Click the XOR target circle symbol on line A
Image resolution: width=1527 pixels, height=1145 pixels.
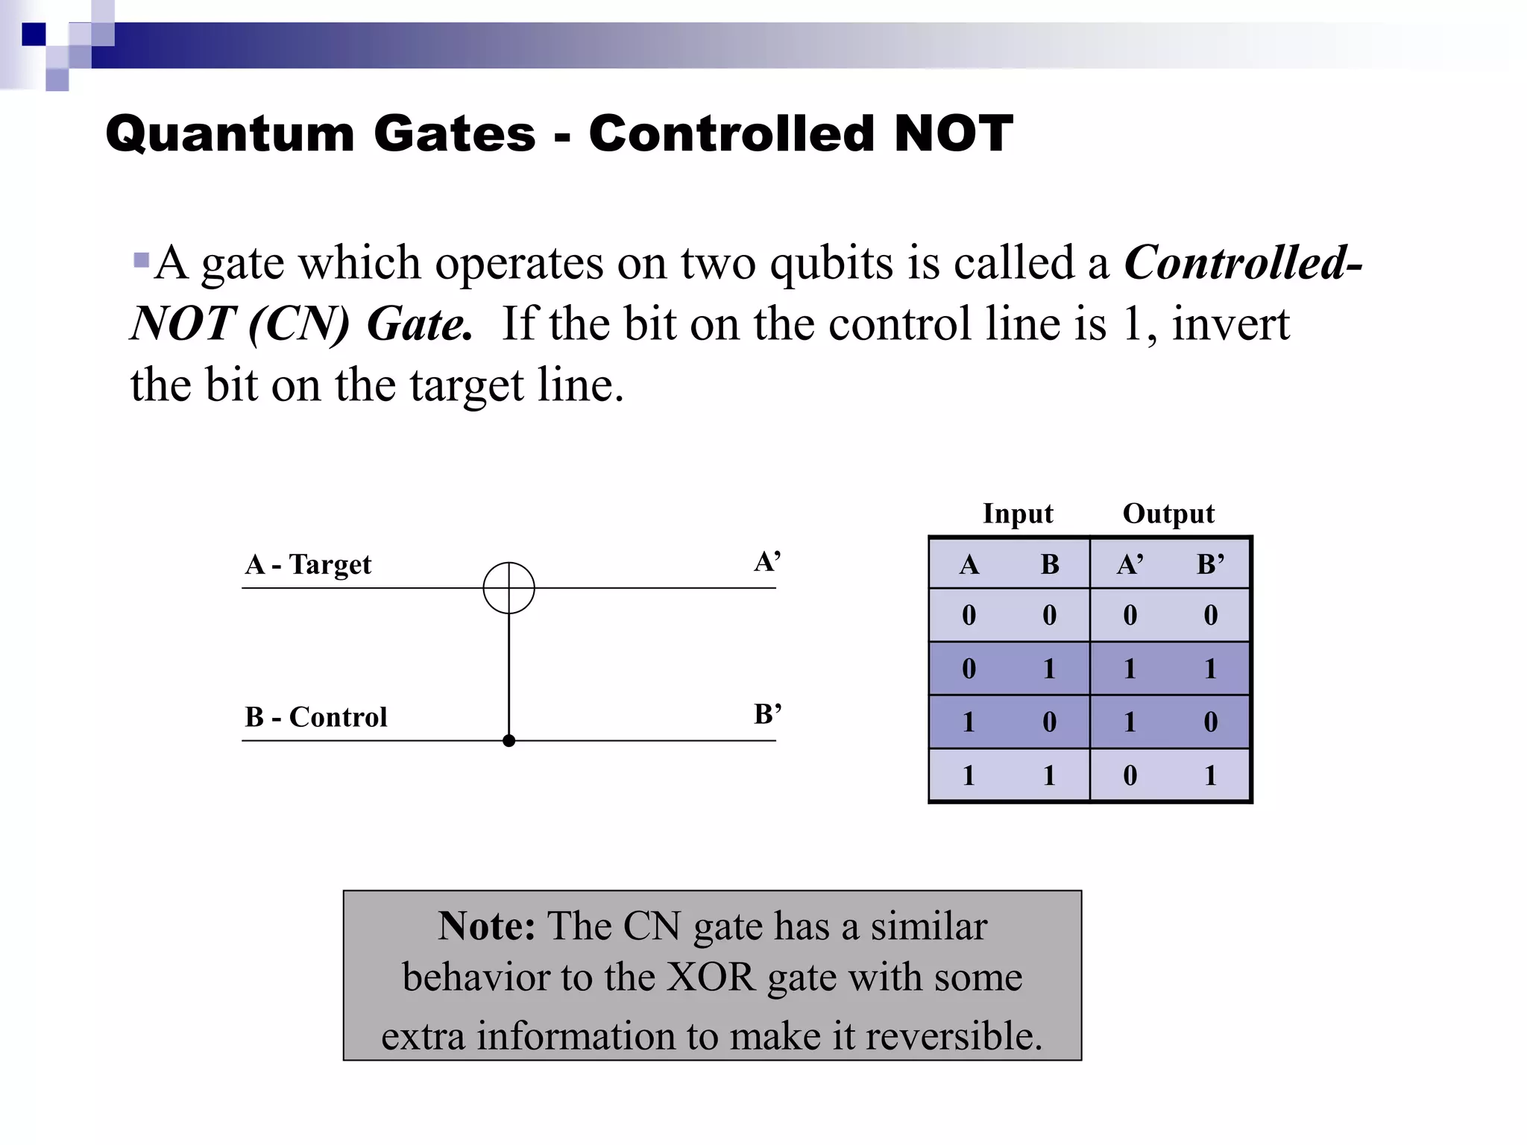point(509,587)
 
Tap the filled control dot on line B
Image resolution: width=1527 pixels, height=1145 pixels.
point(509,740)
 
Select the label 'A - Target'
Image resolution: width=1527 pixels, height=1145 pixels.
point(307,564)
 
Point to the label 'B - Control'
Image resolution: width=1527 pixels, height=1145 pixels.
point(315,716)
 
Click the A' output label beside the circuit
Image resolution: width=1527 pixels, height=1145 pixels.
point(767,561)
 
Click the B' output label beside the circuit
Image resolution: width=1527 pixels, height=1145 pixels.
point(767,714)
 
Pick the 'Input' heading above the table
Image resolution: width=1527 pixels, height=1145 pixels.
point(1017,514)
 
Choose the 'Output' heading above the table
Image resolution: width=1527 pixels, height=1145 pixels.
point(1168,514)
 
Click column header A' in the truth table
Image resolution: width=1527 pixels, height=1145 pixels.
point(1130,564)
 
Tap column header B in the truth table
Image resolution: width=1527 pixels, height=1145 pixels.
point(1049,564)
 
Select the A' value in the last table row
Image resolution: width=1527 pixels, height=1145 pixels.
point(1130,775)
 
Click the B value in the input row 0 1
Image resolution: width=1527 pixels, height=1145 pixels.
point(1049,669)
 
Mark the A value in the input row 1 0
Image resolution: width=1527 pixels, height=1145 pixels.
point(969,722)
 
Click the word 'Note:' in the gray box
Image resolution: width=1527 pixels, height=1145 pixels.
point(486,927)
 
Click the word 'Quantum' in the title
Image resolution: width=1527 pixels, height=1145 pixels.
point(230,134)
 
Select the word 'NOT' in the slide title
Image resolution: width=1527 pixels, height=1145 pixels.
point(953,134)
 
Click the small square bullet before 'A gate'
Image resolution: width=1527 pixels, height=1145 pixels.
point(141,260)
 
